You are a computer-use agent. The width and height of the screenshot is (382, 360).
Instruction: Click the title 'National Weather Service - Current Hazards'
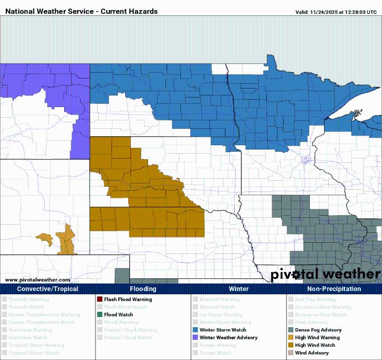tap(81, 11)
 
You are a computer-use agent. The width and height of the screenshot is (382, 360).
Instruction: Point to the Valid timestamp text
tap(336, 12)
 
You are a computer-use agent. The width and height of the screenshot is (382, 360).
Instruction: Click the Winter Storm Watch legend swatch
tap(195, 330)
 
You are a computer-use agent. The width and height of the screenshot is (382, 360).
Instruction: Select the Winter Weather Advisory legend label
tap(229, 337)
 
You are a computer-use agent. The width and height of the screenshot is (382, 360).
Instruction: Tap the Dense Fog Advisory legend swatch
tap(290, 330)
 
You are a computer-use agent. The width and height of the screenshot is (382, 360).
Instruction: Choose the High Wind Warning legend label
tap(317, 337)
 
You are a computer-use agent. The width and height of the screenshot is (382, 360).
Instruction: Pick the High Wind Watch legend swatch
tap(290, 345)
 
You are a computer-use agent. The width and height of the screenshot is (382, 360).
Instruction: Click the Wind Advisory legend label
tap(312, 353)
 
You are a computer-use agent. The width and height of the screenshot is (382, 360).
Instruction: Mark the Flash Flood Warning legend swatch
tap(100, 300)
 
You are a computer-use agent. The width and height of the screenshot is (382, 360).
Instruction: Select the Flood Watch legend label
tap(118, 314)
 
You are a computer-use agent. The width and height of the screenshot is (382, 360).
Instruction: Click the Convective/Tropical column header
tap(48, 289)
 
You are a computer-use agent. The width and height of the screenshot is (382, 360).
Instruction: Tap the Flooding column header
tap(143, 289)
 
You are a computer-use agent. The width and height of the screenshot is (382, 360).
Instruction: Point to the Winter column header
tap(239, 289)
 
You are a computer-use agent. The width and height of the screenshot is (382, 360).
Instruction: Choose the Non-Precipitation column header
tap(334, 289)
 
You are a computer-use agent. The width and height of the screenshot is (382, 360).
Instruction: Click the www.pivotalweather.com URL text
tap(38, 279)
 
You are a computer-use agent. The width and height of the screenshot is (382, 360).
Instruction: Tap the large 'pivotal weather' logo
tap(326, 274)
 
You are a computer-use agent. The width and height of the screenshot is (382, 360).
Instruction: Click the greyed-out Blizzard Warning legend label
tap(219, 300)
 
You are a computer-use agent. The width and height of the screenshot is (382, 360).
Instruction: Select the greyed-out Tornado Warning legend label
tap(29, 300)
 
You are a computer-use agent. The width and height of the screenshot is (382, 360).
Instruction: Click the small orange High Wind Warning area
tap(65, 241)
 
